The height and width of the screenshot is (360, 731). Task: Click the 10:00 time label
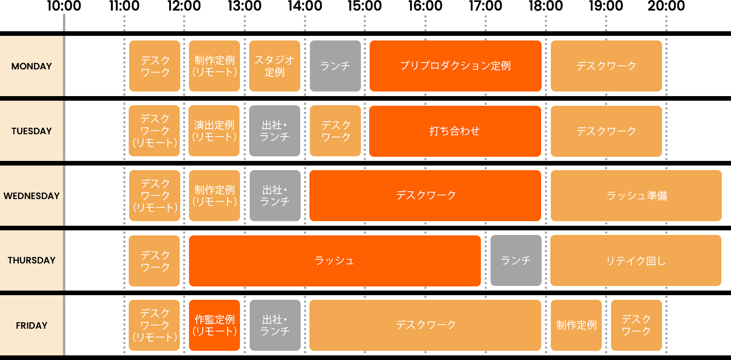pyautogui.click(x=64, y=6)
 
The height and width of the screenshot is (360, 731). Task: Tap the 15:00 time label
pyautogui.click(x=365, y=6)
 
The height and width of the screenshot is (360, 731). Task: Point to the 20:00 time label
pyautogui.click(x=666, y=6)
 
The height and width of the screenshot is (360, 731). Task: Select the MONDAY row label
pyautogui.click(x=31, y=66)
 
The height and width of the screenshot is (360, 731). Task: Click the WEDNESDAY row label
pyautogui.click(x=31, y=196)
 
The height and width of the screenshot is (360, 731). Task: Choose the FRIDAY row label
pyautogui.click(x=31, y=326)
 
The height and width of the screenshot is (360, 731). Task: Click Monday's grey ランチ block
pyautogui.click(x=335, y=66)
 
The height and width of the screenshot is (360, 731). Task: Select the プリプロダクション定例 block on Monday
pyautogui.click(x=455, y=66)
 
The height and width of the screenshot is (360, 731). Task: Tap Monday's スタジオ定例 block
pyautogui.click(x=274, y=66)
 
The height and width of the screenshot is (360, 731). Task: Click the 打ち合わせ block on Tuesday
pyautogui.click(x=455, y=131)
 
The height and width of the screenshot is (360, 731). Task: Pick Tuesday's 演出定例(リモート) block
pyautogui.click(x=214, y=131)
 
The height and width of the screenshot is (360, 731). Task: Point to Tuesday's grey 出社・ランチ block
pyautogui.click(x=274, y=131)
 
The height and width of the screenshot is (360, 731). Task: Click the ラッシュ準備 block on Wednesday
pyautogui.click(x=636, y=196)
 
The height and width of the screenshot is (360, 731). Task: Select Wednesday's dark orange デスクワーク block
pyautogui.click(x=425, y=196)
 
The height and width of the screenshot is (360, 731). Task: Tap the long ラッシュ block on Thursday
pyautogui.click(x=335, y=261)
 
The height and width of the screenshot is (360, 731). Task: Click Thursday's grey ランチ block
pyautogui.click(x=516, y=261)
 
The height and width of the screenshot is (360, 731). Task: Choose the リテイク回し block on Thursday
pyautogui.click(x=636, y=261)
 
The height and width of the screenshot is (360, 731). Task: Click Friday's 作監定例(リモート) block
pyautogui.click(x=214, y=326)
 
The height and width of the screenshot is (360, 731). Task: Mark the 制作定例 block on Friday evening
pyautogui.click(x=576, y=326)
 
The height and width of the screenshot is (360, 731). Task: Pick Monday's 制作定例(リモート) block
pyautogui.click(x=214, y=66)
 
